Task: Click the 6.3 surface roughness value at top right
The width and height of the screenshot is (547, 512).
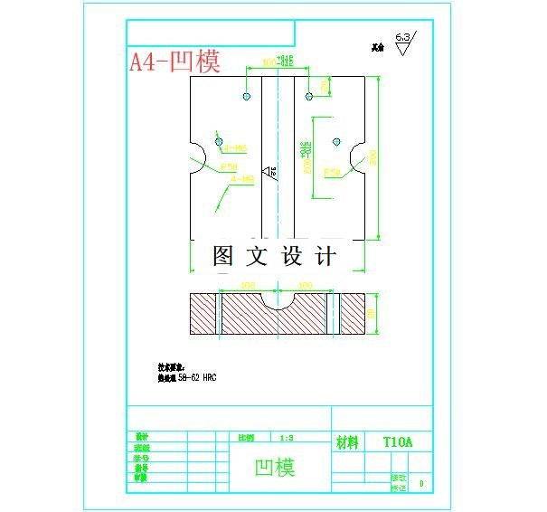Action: click(x=403, y=37)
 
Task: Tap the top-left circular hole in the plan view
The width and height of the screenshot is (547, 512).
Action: click(x=246, y=96)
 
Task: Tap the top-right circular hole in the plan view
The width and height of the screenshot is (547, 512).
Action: click(x=308, y=96)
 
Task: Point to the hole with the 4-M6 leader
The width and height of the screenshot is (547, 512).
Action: click(x=219, y=140)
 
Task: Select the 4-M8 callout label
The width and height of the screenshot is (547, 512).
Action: click(x=243, y=179)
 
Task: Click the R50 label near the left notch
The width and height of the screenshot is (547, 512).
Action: click(x=229, y=166)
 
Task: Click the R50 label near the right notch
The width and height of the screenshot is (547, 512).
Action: click(x=332, y=172)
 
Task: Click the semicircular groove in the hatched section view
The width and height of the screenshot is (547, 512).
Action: click(x=277, y=301)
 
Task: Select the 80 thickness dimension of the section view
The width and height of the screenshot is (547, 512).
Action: click(x=373, y=314)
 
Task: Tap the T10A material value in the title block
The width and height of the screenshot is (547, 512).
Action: click(x=397, y=442)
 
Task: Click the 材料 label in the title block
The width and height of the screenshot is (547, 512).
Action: click(x=348, y=442)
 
